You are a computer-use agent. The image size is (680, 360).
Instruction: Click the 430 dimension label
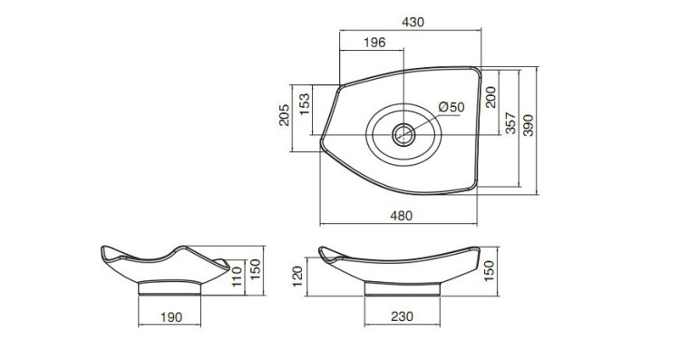tap(413, 22)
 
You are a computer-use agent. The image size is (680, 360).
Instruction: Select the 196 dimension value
tap(374, 43)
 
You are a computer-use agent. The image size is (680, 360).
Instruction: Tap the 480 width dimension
tap(401, 216)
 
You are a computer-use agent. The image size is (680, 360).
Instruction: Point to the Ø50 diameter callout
tap(452, 107)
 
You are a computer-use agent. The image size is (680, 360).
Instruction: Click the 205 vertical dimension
tap(284, 115)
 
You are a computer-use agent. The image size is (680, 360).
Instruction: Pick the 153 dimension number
tap(305, 104)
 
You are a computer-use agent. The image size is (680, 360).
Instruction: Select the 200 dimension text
tap(490, 97)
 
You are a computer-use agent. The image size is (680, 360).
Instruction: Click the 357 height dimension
tap(510, 123)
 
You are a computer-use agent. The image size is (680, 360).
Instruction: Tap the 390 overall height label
tap(528, 125)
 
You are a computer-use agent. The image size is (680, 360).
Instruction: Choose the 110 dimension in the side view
tap(237, 277)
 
